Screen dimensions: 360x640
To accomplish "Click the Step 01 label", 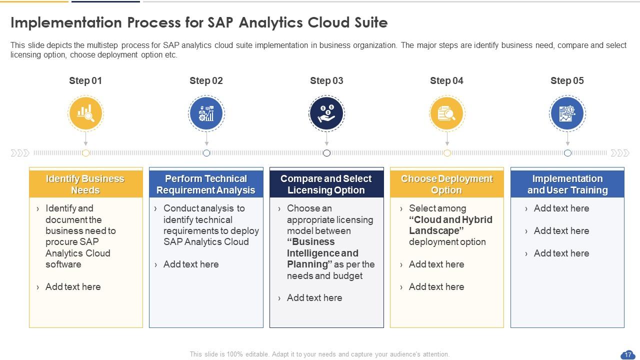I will pos(85,81).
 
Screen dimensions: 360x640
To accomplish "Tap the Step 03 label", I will pos(326,81).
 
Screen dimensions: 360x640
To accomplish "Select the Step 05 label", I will pos(567,81).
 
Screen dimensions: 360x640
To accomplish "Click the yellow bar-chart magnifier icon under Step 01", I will pos(85,113).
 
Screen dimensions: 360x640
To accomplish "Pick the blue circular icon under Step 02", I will pos(206,113).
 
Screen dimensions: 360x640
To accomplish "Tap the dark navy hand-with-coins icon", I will pos(326,113).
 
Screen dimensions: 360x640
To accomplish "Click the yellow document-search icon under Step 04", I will pos(447,113).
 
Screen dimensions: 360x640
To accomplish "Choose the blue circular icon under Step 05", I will pos(567,113).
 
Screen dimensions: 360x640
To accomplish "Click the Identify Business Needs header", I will pos(85,184).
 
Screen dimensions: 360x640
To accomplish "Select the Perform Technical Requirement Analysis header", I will pos(206,184).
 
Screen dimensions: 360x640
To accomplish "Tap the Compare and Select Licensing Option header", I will pos(326,184).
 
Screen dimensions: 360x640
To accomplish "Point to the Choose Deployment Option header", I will pos(446,184).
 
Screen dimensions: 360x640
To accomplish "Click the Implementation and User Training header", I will pos(567,184).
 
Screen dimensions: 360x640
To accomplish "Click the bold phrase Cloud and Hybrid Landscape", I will pos(450,225).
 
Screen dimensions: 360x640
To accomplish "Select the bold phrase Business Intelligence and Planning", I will pos(322,253).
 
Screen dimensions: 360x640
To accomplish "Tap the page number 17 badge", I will pos(627,355).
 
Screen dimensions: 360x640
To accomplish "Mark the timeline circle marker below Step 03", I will pos(326,153).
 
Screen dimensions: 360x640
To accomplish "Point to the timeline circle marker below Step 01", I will pos(85,153).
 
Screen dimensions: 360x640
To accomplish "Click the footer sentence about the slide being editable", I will pos(319,354).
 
